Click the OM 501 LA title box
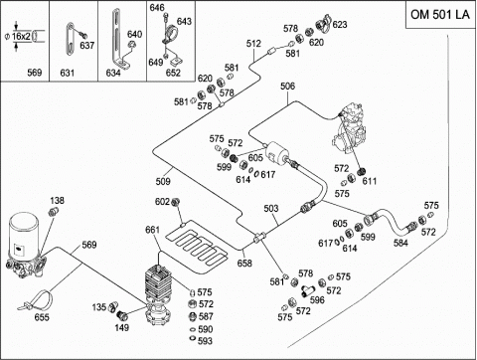(440, 15)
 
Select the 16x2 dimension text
(21, 36)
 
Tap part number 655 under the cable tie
(42, 317)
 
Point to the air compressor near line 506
(350, 129)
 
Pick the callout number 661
(152, 230)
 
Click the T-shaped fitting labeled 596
(306, 291)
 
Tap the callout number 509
(163, 181)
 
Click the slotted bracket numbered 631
(70, 38)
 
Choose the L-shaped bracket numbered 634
(120, 40)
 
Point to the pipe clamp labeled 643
(171, 33)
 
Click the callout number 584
(400, 243)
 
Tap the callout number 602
(162, 202)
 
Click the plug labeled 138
(54, 211)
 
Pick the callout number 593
(205, 341)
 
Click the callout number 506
(287, 87)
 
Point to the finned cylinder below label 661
(159, 282)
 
